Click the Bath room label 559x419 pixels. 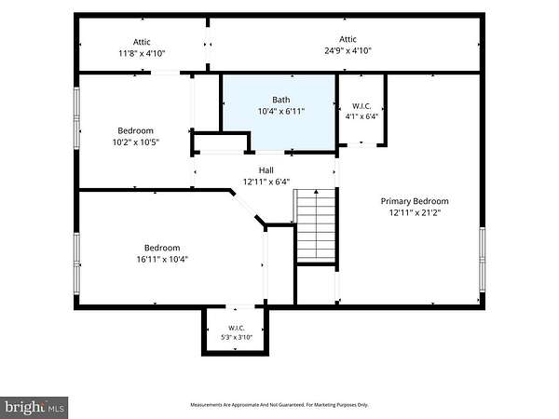tap(281, 100)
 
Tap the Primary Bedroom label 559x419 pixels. tap(415, 201)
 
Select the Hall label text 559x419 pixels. tap(266, 170)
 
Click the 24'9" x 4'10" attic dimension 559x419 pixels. tap(348, 50)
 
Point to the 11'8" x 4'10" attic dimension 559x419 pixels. tap(142, 53)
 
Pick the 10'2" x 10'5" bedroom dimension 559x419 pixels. tap(136, 142)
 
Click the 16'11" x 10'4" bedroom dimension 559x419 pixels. tap(162, 259)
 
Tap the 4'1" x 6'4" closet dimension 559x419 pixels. tap(361, 116)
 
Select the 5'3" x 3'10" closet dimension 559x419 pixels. tap(237, 337)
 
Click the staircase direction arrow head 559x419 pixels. tap(316, 192)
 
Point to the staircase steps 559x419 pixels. tap(316, 225)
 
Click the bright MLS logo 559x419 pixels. tap(34, 407)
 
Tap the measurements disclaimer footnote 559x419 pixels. tap(279, 405)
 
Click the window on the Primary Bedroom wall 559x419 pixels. tap(482, 259)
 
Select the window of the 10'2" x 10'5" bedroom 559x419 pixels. tap(76, 118)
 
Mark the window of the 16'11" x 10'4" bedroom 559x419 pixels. tap(76, 264)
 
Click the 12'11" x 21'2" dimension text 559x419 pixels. tap(415, 212)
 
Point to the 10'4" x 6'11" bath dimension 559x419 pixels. tap(281, 112)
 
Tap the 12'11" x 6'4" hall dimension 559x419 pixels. tap(266, 182)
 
